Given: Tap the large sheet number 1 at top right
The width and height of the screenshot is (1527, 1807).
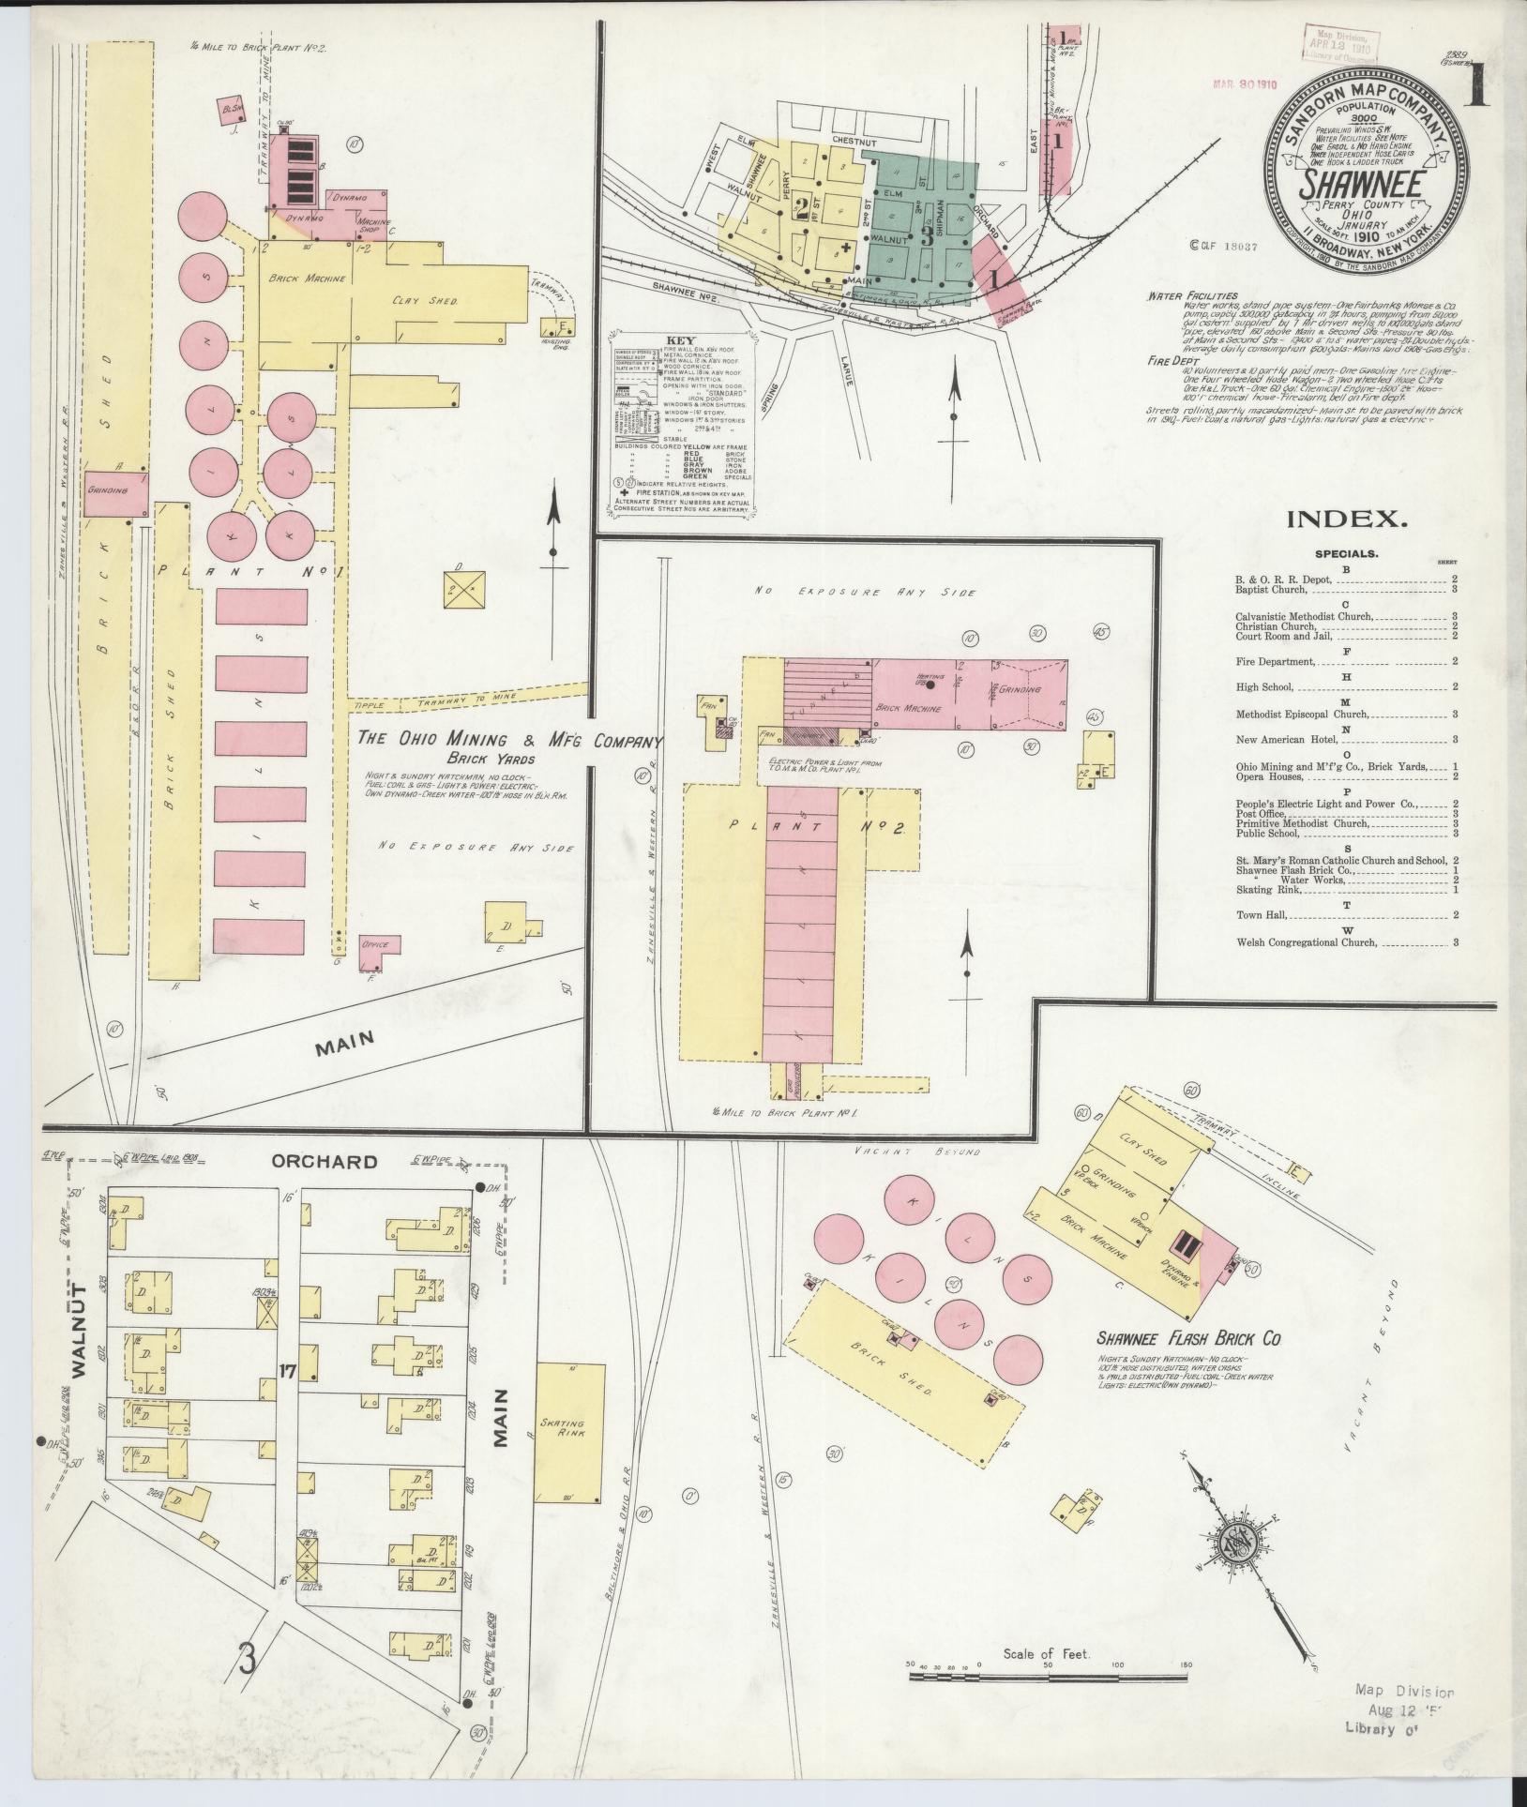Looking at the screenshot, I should [1478, 87].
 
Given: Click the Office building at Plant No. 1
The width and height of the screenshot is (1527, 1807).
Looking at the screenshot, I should [379, 944].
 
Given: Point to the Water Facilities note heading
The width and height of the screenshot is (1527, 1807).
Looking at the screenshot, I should [1185, 295].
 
